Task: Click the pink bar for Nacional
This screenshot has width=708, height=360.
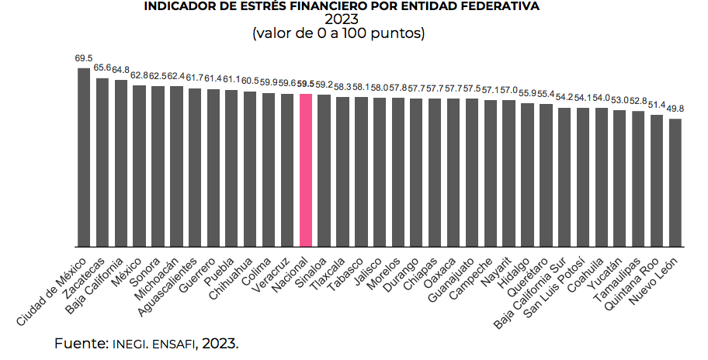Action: [305, 170]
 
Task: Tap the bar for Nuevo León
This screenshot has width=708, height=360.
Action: [675, 182]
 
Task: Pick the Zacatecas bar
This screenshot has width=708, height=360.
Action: [102, 162]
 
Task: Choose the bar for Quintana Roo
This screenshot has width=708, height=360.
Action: [657, 181]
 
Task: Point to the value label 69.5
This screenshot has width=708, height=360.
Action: [84, 58]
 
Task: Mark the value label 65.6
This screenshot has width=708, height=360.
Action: [102, 67]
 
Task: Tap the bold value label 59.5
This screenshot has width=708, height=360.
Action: [305, 83]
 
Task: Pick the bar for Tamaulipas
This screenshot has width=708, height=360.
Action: [638, 179]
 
